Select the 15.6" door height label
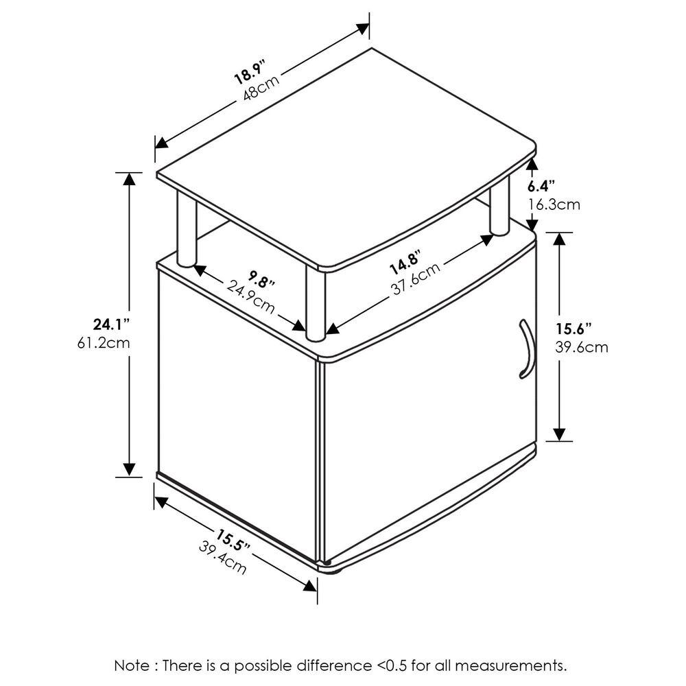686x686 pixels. pyautogui.click(x=572, y=328)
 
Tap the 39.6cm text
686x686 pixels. pyautogui.click(x=581, y=347)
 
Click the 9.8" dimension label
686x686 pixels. pyautogui.click(x=262, y=281)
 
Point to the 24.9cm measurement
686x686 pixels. pyautogui.click(x=251, y=297)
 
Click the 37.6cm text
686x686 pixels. pyautogui.click(x=416, y=281)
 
